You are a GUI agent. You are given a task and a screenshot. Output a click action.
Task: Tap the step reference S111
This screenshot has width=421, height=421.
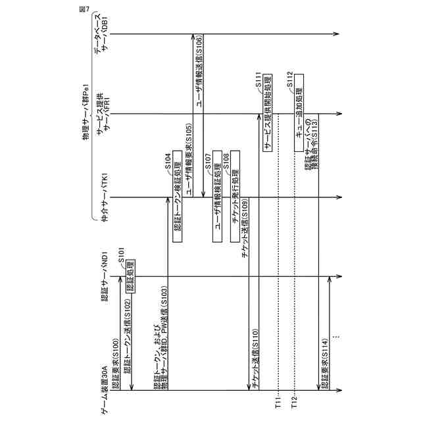(x=259, y=82)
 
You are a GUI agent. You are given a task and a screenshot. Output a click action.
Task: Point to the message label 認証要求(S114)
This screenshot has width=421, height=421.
(x=324, y=362)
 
